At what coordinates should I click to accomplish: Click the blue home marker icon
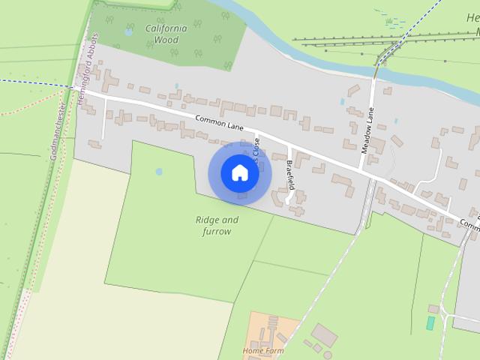pos(239,173)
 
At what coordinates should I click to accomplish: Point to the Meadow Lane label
pos(367,130)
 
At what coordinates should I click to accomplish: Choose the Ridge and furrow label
pos(217,226)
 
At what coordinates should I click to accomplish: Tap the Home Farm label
pos(263,350)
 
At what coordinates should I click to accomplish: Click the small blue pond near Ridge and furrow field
pos(159,172)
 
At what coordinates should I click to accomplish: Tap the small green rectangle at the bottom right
pos(430,323)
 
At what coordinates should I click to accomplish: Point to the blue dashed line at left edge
pos(30,82)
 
